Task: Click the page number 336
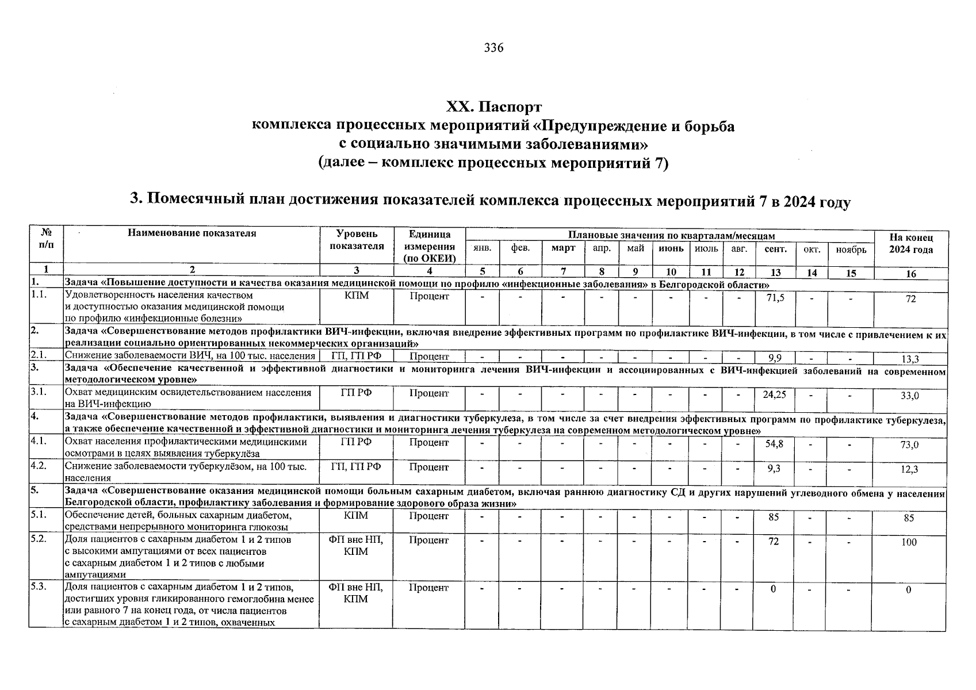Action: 493,48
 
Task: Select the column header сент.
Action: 775,249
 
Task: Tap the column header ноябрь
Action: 851,249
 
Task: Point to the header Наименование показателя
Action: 192,233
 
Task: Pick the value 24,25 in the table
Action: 774,394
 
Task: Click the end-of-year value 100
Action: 909,542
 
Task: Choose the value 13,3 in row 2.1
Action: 910,359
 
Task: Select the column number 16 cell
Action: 910,274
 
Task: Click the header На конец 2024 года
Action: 910,244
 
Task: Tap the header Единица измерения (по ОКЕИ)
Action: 429,246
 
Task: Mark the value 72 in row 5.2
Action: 774,541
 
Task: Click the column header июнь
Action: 671,249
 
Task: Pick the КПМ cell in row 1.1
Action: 356,296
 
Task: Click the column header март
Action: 563,249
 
